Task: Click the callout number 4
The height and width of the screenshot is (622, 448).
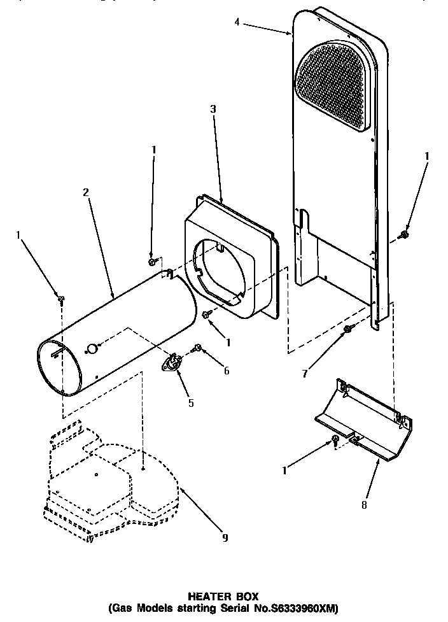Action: click(237, 22)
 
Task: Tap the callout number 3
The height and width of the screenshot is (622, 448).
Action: click(213, 110)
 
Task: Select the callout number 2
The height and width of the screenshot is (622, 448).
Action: click(86, 192)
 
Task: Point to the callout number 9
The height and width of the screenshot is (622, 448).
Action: click(225, 538)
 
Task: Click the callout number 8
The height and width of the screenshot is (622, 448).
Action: click(364, 506)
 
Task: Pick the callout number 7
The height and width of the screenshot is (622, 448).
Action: click(305, 373)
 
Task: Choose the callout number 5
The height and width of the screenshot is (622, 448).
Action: click(190, 402)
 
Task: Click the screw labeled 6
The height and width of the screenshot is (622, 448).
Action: click(198, 348)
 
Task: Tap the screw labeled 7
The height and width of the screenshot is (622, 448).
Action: click(348, 329)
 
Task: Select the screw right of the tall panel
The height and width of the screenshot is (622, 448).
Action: click(404, 235)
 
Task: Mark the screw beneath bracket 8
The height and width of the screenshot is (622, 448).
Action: click(333, 440)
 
